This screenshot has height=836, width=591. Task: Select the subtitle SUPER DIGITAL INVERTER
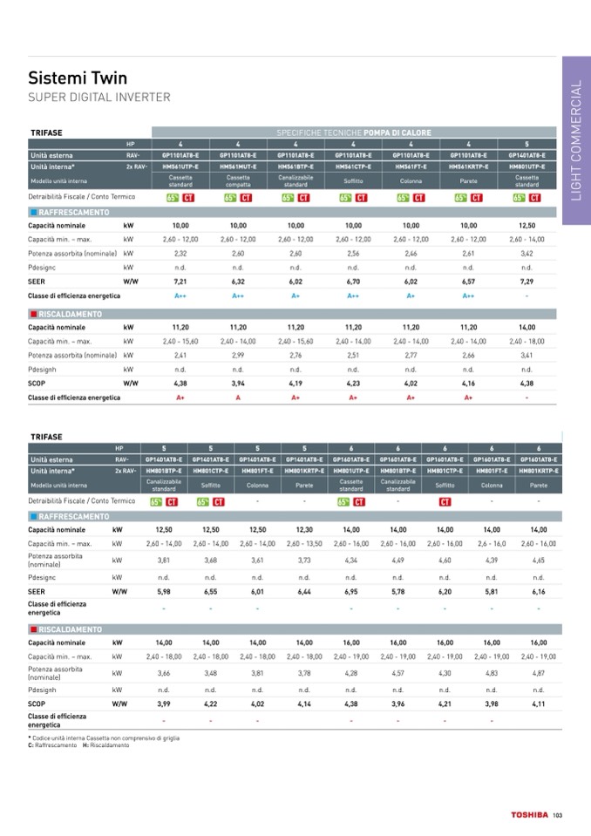[98, 97]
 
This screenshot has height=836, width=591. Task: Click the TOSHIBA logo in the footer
[529, 815]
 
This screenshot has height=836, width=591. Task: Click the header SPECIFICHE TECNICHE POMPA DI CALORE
[354, 133]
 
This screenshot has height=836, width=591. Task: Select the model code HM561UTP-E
[180, 165]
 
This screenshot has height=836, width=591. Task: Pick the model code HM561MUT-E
[238, 165]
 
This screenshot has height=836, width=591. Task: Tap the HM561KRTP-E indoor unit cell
[469, 165]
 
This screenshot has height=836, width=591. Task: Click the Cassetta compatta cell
[238, 180]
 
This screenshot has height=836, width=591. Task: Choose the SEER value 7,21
[180, 282]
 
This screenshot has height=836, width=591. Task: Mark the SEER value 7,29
[526, 282]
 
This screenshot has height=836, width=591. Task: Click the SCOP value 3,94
[238, 383]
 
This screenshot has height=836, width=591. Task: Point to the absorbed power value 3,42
[526, 253]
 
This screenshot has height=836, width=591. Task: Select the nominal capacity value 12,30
[304, 529]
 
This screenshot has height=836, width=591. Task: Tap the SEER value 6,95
[351, 591]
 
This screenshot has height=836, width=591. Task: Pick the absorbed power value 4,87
[539, 672]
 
